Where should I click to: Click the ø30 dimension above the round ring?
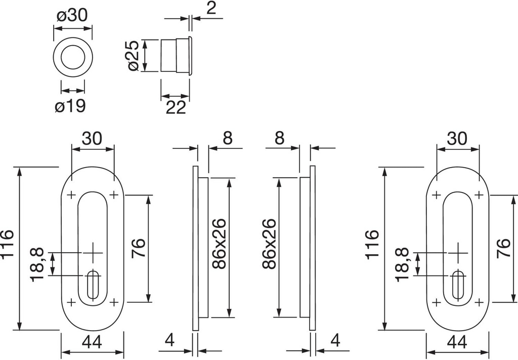(73, 15)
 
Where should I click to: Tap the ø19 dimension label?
(70, 107)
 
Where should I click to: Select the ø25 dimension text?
(133, 56)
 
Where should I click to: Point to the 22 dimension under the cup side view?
(176, 107)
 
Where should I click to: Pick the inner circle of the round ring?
(73, 56)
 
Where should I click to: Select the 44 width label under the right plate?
(457, 342)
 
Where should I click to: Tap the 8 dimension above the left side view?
(228, 138)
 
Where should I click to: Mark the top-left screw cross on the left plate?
(71, 195)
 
